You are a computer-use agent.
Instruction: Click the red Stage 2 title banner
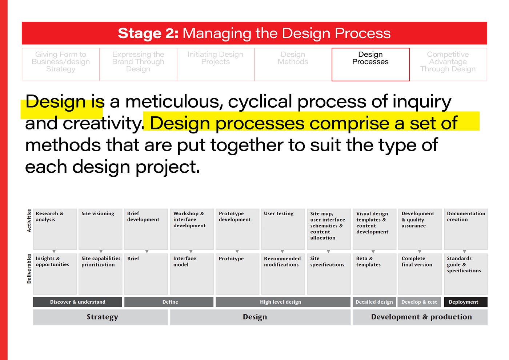(x=254, y=33)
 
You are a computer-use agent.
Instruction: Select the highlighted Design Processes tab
(x=370, y=64)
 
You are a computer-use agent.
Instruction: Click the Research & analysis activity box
(x=55, y=229)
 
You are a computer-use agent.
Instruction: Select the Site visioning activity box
(x=100, y=229)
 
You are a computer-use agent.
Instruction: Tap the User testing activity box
(x=283, y=229)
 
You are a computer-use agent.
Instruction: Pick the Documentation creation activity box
(x=465, y=229)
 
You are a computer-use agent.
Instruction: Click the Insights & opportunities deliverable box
(x=55, y=274)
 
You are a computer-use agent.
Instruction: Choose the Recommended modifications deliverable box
(x=283, y=274)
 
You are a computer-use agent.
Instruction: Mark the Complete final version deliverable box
(x=420, y=274)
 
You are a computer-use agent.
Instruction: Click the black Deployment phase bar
(x=465, y=302)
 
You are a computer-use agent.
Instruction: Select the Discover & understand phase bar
(x=77, y=302)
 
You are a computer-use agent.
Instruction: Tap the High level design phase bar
(x=282, y=302)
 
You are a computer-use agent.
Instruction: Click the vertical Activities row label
(x=29, y=221)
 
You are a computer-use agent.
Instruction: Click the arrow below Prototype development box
(x=237, y=251)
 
